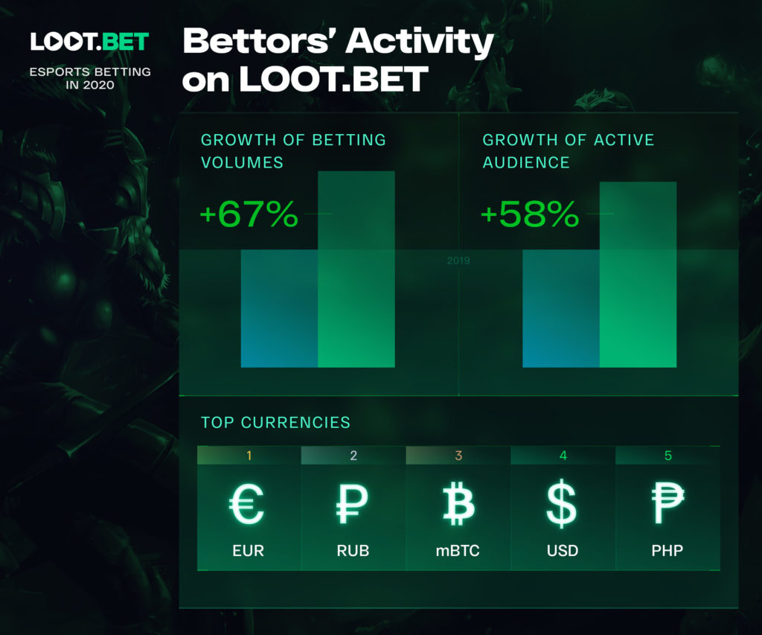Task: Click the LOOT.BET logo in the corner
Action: tap(89, 42)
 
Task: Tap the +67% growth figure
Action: tap(249, 214)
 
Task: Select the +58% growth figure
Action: tap(530, 214)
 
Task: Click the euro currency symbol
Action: tap(247, 504)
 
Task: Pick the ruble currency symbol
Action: tap(352, 504)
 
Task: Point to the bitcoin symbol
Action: tap(458, 504)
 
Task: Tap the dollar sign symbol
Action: tap(562, 504)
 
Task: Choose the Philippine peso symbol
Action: tap(667, 504)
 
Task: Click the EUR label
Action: tap(249, 551)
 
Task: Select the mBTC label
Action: tap(458, 551)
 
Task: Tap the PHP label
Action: tap(667, 551)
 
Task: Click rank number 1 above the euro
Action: tap(249, 456)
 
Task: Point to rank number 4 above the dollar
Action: tap(563, 456)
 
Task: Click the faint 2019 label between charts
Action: tap(458, 261)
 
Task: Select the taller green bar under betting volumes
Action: tap(356, 269)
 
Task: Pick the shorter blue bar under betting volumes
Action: tap(280, 309)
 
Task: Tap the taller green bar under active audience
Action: tap(638, 275)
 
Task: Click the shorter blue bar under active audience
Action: tap(561, 309)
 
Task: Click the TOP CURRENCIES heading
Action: tap(275, 423)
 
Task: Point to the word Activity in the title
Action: tap(420, 42)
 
